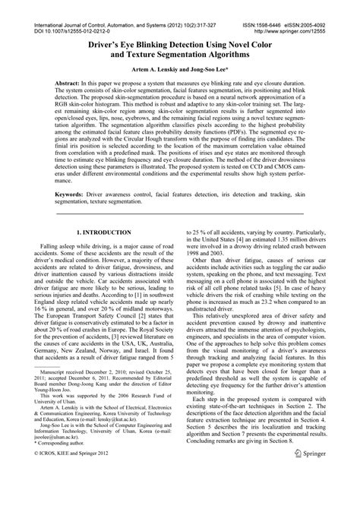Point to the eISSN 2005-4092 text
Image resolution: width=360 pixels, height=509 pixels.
321,5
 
